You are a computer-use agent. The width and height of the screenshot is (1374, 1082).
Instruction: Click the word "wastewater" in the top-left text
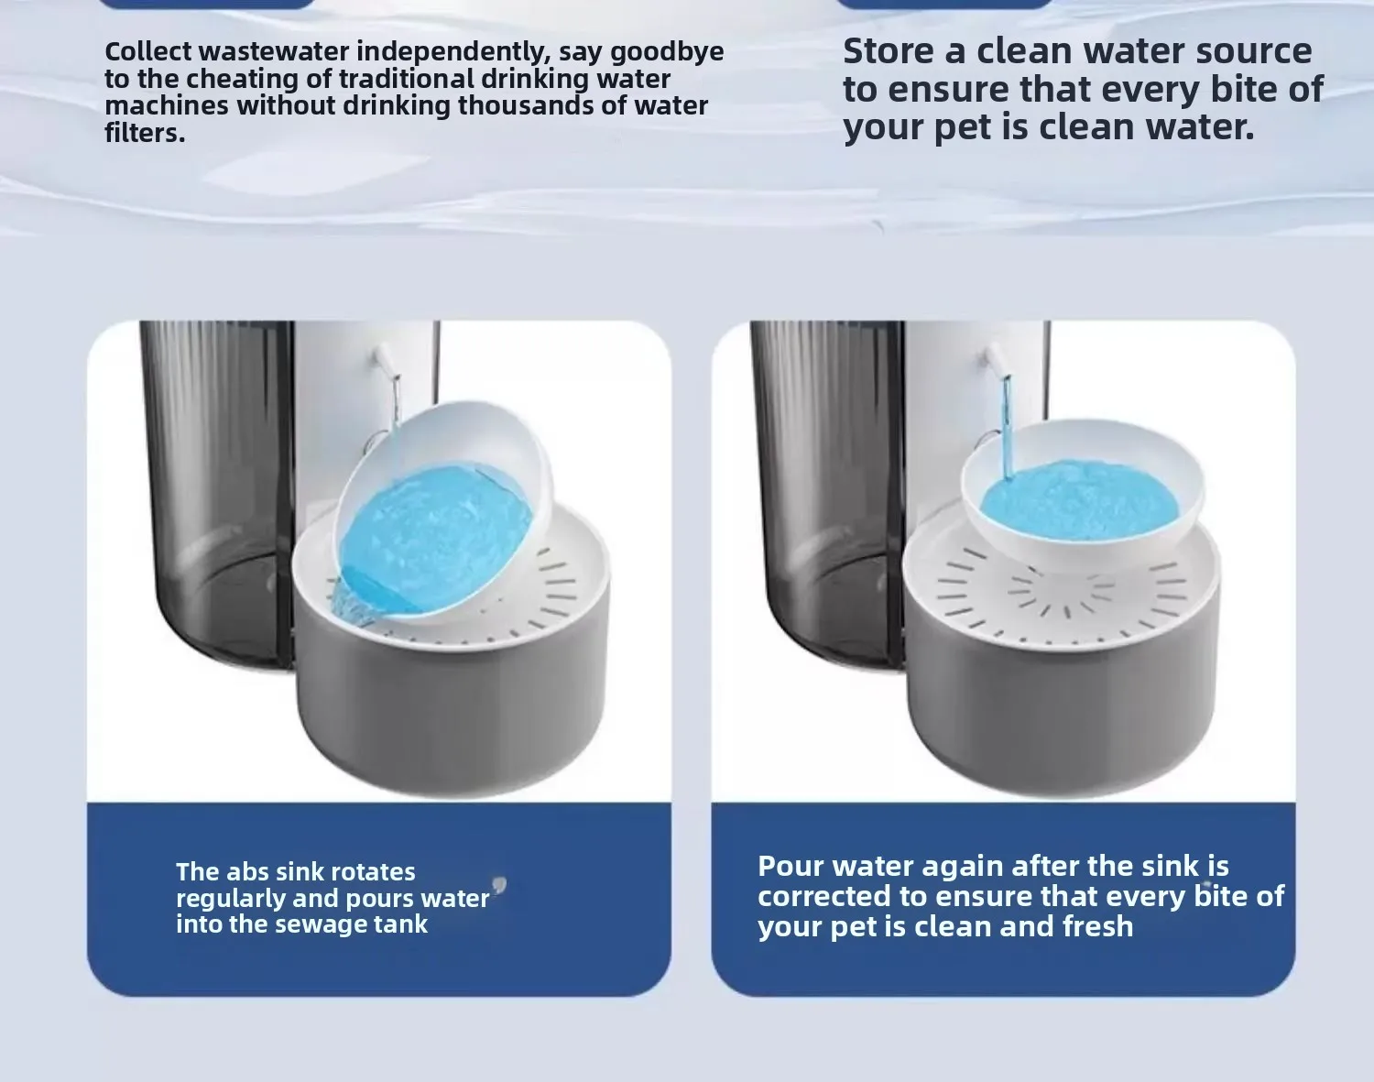click(273, 51)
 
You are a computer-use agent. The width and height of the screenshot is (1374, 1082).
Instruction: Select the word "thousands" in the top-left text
click(525, 105)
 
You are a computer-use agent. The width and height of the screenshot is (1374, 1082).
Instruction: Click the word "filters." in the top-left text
click(145, 133)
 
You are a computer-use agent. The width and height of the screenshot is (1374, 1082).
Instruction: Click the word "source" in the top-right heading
click(1253, 52)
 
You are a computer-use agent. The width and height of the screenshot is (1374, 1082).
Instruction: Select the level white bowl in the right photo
click(1082, 492)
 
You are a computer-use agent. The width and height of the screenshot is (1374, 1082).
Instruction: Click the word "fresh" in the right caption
click(1097, 926)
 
